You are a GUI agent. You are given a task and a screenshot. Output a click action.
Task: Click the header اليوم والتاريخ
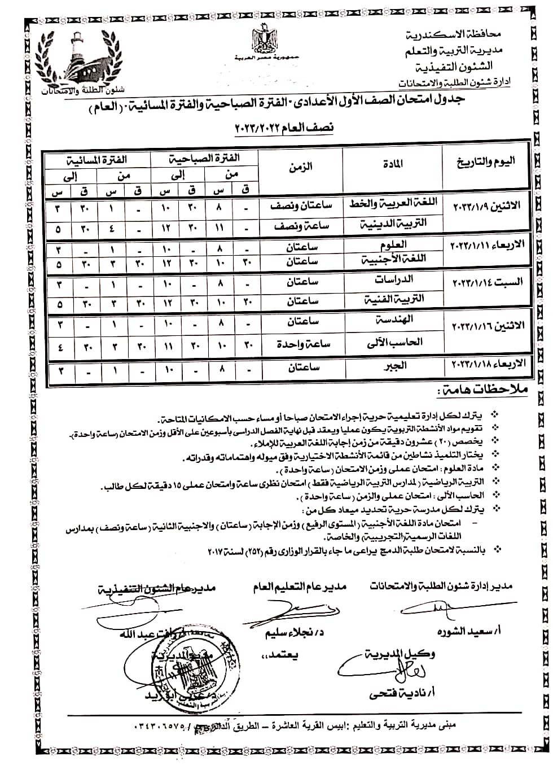(x=486, y=164)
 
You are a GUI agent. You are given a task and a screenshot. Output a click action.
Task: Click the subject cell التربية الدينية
(x=394, y=223)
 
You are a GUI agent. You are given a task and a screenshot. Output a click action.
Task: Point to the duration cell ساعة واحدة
(x=301, y=343)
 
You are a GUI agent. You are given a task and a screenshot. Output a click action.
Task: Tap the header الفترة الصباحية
(x=204, y=159)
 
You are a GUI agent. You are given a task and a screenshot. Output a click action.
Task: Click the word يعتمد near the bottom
(x=279, y=657)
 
